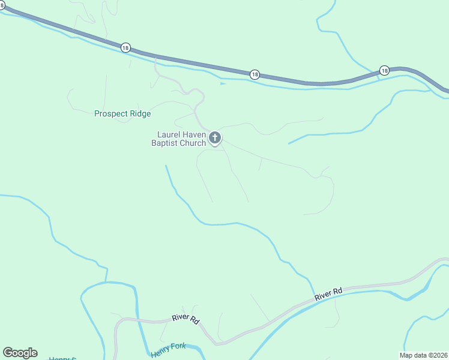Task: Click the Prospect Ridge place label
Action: (x=122, y=113)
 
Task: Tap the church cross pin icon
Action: (x=215, y=139)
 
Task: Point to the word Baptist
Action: (x=165, y=143)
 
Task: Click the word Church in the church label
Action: (x=193, y=143)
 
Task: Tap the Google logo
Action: (x=20, y=353)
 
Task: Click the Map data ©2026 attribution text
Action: (x=423, y=355)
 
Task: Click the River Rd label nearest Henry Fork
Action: (x=185, y=319)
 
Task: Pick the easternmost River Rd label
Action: (x=328, y=294)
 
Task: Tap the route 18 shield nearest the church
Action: (x=255, y=74)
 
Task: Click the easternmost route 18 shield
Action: (x=384, y=70)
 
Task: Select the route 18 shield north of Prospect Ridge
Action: (x=125, y=47)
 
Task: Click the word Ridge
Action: (x=140, y=113)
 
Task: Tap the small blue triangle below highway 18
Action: (x=223, y=83)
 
